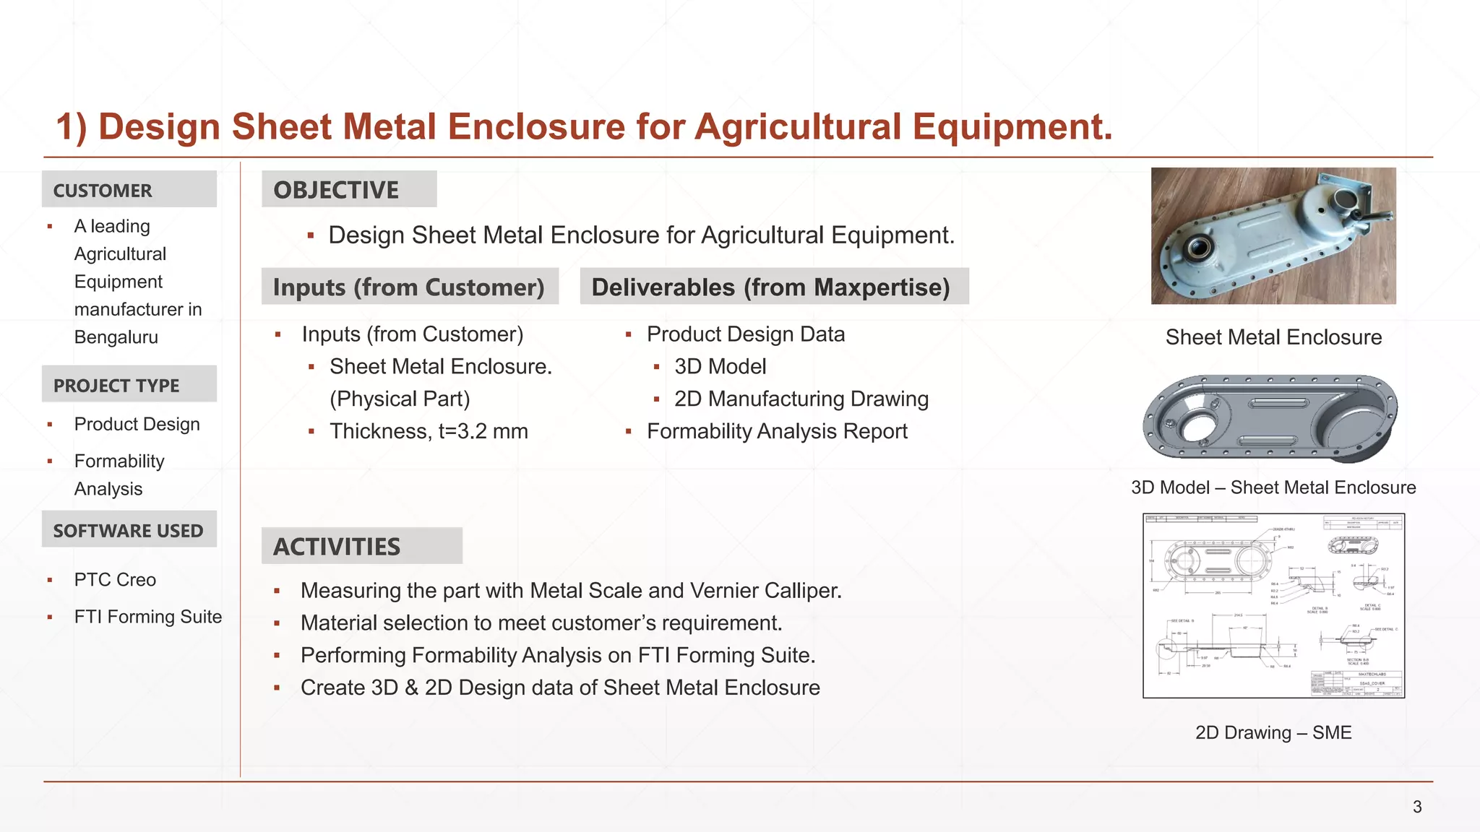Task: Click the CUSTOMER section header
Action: tap(103, 191)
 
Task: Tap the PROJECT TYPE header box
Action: tap(116, 386)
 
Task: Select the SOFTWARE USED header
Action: tap(128, 531)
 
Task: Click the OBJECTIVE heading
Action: tap(336, 190)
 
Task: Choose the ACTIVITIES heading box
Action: tap(337, 547)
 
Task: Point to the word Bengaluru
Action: tap(116, 337)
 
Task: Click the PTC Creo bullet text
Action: tap(115, 580)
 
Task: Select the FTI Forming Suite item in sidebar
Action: tap(148, 617)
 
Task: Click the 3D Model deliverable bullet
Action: tap(720, 367)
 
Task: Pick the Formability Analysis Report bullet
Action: tap(777, 431)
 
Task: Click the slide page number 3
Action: tap(1417, 807)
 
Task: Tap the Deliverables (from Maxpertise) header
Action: tap(770, 287)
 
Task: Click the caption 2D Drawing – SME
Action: tap(1273, 732)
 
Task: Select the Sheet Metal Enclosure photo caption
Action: tap(1273, 337)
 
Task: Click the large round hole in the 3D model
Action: tap(1197, 426)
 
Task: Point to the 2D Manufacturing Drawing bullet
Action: tap(801, 399)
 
